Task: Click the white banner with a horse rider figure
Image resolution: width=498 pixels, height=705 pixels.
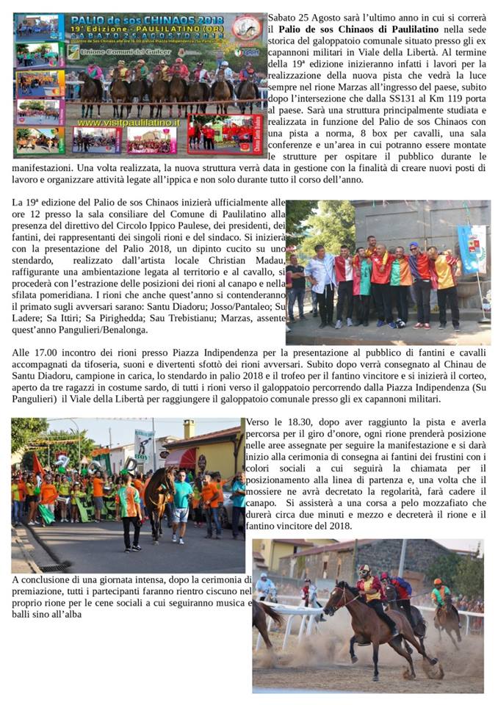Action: tap(143, 446)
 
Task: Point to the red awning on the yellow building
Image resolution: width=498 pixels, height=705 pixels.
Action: tap(180, 458)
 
